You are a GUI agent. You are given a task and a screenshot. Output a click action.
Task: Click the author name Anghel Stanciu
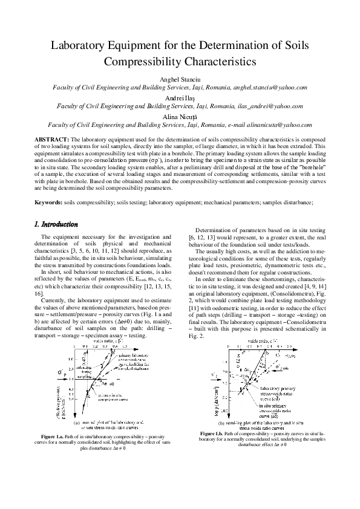180,79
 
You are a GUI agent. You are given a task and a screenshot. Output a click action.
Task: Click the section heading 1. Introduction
56,224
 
